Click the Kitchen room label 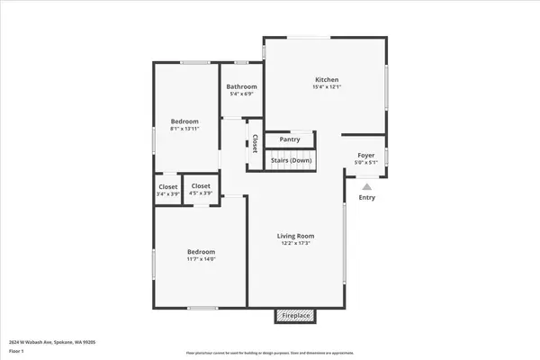pos(326,78)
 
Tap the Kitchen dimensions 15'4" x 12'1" pos(326,86)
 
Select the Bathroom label pos(241,86)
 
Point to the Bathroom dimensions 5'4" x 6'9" pos(241,94)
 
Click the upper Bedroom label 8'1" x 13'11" pos(184,121)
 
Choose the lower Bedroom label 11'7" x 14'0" pos(201,251)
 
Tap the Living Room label pos(295,237)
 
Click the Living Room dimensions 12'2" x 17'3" pos(295,244)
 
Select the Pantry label pos(290,139)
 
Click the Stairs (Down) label pos(292,161)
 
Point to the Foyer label pos(366,155)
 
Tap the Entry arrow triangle pos(366,186)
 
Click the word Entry pos(367,198)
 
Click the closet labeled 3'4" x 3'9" pos(166,189)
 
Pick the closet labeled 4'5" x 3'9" pos(201,189)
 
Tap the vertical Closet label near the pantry pos(255,143)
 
